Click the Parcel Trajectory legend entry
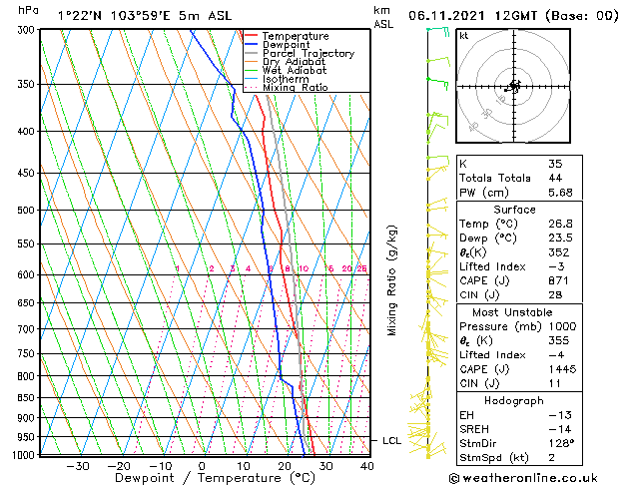tap(308, 53)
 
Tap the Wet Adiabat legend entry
tap(295, 70)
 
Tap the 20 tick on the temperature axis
tap(285, 465)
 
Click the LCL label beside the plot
tap(389, 440)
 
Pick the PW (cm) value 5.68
tap(560, 194)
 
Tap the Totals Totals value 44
tap(555, 179)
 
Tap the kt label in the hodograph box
tap(463, 36)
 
